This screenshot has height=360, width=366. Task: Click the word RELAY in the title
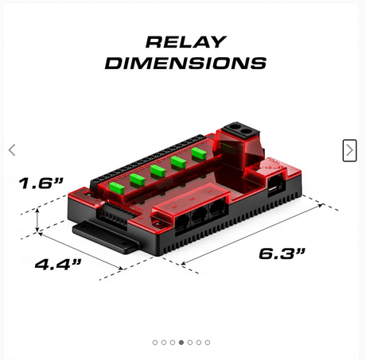click(186, 42)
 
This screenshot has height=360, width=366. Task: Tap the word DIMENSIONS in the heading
click(185, 63)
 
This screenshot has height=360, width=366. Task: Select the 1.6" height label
click(41, 183)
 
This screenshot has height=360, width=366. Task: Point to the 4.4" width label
click(58, 264)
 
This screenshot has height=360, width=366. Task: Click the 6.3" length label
click(282, 254)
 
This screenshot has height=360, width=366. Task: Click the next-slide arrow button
click(349, 150)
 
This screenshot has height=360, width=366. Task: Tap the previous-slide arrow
click(12, 150)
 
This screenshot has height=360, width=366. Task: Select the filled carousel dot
click(181, 343)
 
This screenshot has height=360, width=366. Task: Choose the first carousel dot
click(155, 343)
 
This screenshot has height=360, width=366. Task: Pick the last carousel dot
click(208, 343)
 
